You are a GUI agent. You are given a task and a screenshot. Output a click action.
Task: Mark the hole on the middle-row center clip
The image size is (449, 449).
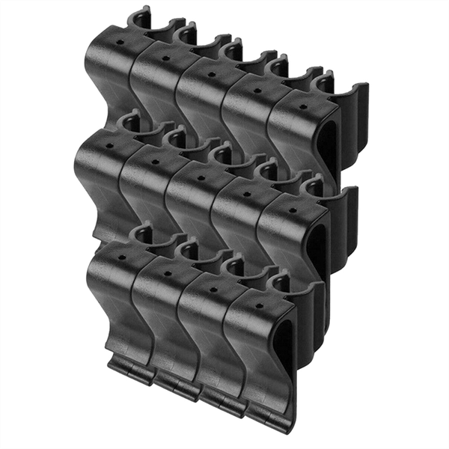[x=201, y=177]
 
